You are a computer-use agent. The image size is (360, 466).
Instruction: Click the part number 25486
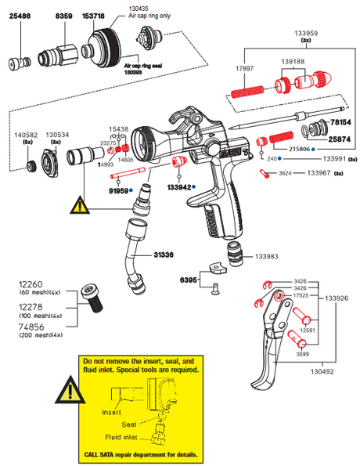pyautogui.click(x=21, y=14)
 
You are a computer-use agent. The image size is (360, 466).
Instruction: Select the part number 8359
pyautogui.click(x=64, y=14)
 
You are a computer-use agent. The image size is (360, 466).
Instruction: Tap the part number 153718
pyautogui.click(x=104, y=14)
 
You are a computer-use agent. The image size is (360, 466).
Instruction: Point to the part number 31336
pyautogui.click(x=164, y=255)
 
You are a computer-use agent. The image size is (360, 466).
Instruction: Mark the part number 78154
pyautogui.click(x=340, y=123)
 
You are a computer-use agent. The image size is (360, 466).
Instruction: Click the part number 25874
pyautogui.click(x=340, y=137)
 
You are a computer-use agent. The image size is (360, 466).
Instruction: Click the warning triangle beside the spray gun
pyautogui.click(x=81, y=206)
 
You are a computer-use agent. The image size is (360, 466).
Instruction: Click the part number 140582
pyautogui.click(x=28, y=134)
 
